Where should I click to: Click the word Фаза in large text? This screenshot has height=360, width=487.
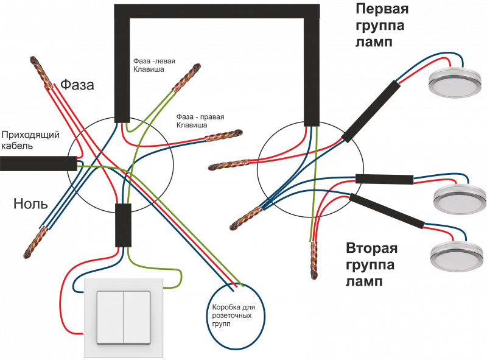pyautogui.click(x=77, y=85)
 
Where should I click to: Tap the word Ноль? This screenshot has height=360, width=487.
pyautogui.click(x=30, y=203)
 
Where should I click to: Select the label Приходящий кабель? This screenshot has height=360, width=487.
pyautogui.click(x=30, y=140)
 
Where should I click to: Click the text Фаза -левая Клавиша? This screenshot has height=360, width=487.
pyautogui.click(x=155, y=65)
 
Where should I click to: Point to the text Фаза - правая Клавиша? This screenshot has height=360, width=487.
pyautogui.click(x=200, y=121)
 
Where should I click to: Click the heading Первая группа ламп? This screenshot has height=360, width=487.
pyautogui.click(x=382, y=26)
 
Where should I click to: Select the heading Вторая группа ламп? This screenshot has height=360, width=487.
pyautogui.click(x=371, y=265)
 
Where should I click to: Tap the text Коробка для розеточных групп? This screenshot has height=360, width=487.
pyautogui.click(x=234, y=316)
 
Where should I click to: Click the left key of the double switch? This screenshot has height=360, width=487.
pyautogui.click(x=110, y=317)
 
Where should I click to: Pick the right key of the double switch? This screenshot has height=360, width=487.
pyautogui.click(x=138, y=317)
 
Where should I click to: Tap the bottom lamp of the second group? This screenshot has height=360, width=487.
pyautogui.click(x=457, y=256)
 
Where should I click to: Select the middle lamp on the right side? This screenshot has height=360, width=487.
pyautogui.click(x=460, y=199)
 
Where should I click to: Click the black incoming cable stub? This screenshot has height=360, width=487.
pyautogui.click(x=38, y=164)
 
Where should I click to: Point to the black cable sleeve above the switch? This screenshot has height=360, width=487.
pyautogui.click(x=124, y=225)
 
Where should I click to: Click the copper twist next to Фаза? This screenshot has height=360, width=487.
pyautogui.click(x=41, y=72)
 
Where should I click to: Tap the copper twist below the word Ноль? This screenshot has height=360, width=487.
pyautogui.click(x=36, y=243)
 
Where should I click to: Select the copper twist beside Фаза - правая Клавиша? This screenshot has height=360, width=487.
pyautogui.click(x=223, y=135)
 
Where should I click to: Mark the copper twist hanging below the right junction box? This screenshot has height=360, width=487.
pyautogui.click(x=314, y=260)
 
